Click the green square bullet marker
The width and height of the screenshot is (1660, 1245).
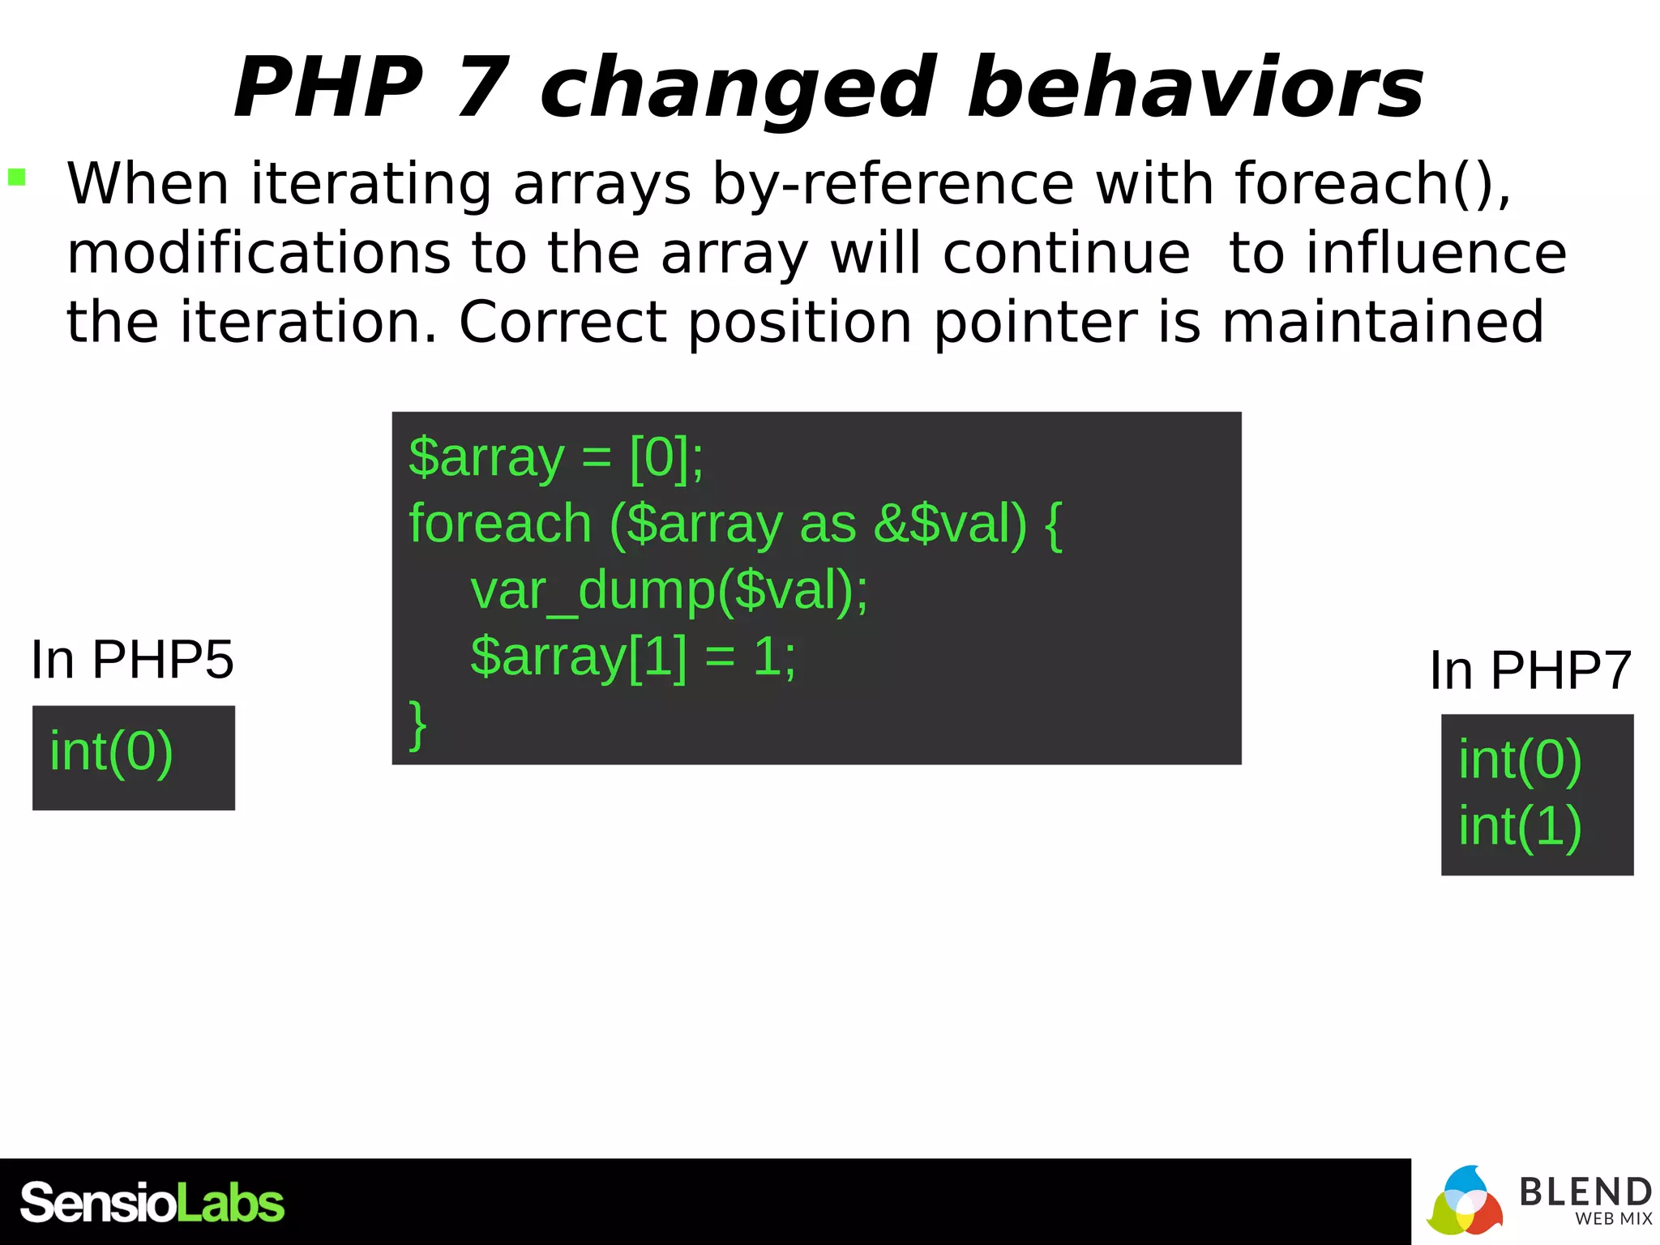pyautogui.click(x=17, y=177)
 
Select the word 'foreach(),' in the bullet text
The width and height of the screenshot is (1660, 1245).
pyautogui.click(x=1373, y=184)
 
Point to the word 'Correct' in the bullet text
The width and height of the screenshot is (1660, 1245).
pyautogui.click(x=563, y=323)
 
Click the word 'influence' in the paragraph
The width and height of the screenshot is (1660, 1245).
pyautogui.click(x=1397, y=253)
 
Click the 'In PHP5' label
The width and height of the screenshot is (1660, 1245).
pyautogui.click(x=132, y=660)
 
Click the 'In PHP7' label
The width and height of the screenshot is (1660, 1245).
pyautogui.click(x=1530, y=670)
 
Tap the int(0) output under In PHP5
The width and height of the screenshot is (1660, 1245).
pyautogui.click(x=111, y=752)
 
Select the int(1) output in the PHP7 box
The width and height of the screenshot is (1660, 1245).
pyautogui.click(x=1520, y=827)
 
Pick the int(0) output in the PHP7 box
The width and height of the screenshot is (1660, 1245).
pyautogui.click(x=1520, y=760)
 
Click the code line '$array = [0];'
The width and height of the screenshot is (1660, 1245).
pyautogui.click(x=556, y=458)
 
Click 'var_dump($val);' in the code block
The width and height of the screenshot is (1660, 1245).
pyautogui.click(x=669, y=590)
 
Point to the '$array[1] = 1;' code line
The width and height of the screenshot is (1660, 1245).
pyautogui.click(x=633, y=657)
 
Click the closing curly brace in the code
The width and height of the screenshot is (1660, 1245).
pyautogui.click(x=417, y=724)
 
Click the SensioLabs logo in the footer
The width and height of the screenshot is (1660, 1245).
pyautogui.click(x=152, y=1203)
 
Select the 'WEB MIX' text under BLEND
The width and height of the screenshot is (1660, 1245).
pyautogui.click(x=1613, y=1219)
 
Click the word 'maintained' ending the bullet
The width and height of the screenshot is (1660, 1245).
pyautogui.click(x=1382, y=323)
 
